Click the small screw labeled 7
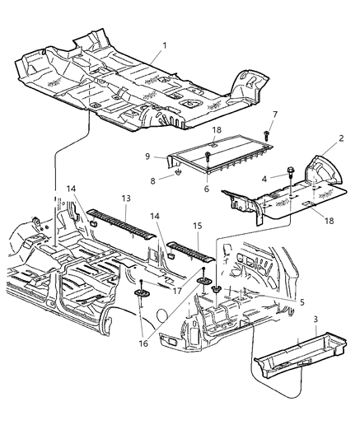click(x=269, y=132)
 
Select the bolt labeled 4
click(x=292, y=194)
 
